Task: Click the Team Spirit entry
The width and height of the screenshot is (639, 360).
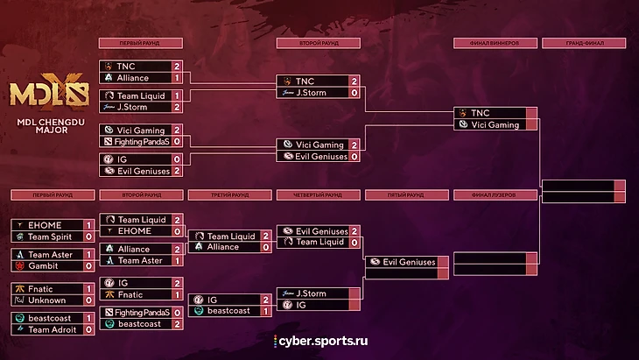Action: (49, 236)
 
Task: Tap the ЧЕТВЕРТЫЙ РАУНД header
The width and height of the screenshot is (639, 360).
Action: (318, 195)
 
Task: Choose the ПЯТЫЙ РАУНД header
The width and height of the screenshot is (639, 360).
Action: (406, 195)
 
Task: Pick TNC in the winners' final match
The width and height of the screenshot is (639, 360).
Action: (481, 113)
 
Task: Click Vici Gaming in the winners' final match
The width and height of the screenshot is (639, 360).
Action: (495, 124)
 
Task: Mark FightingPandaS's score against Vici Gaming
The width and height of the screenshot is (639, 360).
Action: (177, 140)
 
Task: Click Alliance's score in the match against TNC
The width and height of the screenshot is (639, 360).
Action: (177, 77)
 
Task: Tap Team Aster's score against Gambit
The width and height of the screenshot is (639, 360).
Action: (88, 253)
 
